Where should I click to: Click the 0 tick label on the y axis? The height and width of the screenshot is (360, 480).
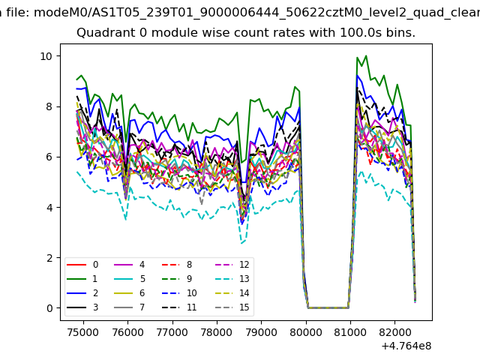pos(48,308)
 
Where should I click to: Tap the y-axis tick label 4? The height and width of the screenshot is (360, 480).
pos(48,208)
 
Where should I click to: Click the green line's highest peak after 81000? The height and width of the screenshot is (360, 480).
pos(365,55)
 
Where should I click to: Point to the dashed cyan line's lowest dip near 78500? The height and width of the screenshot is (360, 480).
pos(241,244)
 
